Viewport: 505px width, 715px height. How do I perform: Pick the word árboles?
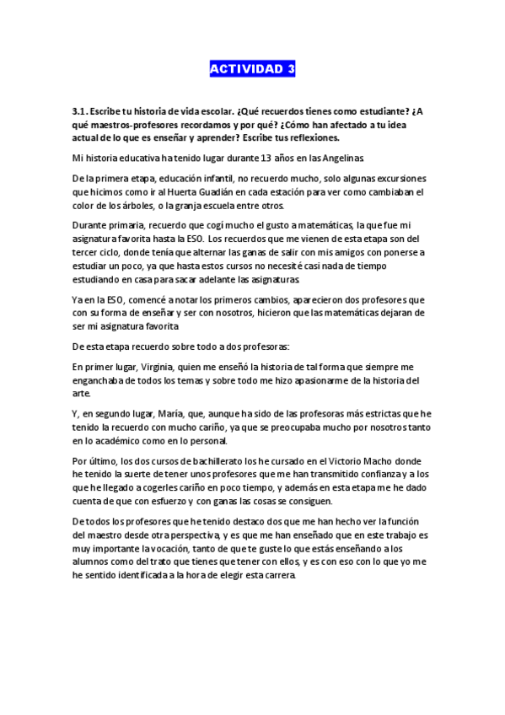coord(154,206)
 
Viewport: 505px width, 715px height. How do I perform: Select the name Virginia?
coord(151,368)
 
